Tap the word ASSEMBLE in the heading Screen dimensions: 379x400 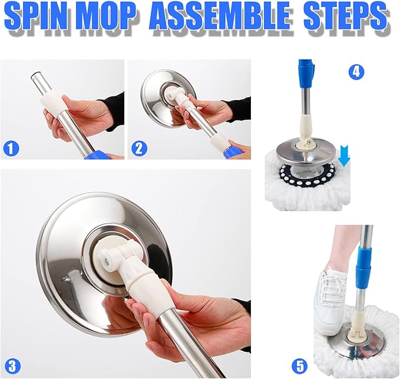tap(222, 19)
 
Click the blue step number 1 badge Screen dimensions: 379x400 tap(10, 147)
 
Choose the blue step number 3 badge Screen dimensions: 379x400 tap(12, 364)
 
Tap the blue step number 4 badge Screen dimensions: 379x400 tap(356, 72)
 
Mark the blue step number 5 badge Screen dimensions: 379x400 tap(300, 364)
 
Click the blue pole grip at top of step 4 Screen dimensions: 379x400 tap(306, 74)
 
